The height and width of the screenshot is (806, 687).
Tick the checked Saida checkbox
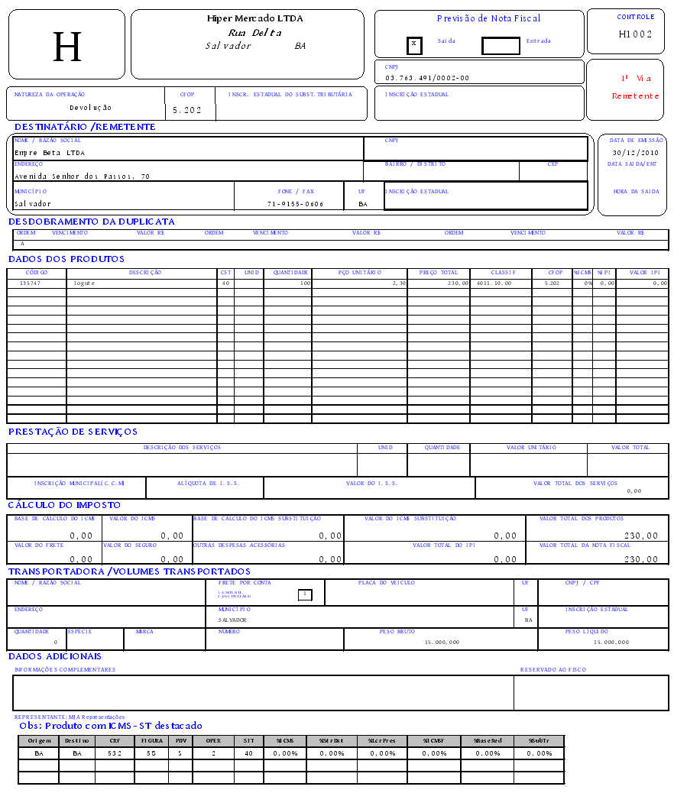(x=414, y=44)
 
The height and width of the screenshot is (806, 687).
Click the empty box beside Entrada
(x=501, y=46)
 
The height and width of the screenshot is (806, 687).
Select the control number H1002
(x=635, y=34)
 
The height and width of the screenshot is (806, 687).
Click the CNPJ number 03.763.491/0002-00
(x=427, y=78)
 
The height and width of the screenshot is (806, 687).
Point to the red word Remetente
(x=635, y=96)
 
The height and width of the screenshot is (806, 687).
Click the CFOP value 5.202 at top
(x=187, y=110)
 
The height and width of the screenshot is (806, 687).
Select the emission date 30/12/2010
(x=635, y=153)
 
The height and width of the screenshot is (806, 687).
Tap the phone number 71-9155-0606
(x=295, y=205)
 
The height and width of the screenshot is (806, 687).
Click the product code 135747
(x=30, y=283)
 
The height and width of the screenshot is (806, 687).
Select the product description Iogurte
(x=84, y=283)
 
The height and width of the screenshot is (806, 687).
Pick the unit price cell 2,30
(x=397, y=283)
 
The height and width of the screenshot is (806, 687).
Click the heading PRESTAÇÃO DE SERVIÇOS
(x=73, y=432)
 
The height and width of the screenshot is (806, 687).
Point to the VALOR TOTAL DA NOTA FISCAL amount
(x=641, y=559)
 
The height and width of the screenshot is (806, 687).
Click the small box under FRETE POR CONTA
(x=305, y=594)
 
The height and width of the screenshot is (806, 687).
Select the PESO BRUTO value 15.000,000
(x=442, y=643)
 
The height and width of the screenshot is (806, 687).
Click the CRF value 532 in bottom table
(x=115, y=753)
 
